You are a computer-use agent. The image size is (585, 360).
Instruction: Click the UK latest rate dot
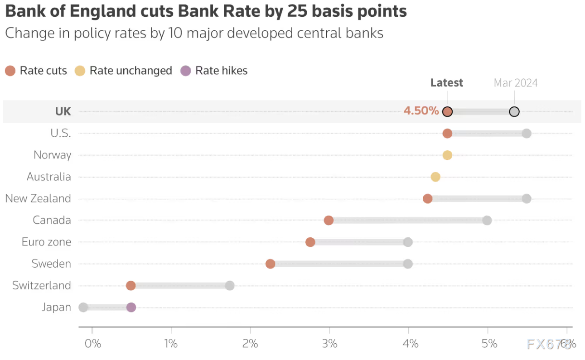447,112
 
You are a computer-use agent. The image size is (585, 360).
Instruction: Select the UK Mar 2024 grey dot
514,112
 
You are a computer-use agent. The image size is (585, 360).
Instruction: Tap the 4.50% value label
421,111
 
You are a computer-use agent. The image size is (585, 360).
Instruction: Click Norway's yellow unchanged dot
447,155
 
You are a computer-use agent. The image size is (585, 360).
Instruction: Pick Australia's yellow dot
435,177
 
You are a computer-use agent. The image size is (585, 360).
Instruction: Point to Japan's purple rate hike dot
131,307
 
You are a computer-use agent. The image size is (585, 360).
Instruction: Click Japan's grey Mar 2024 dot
83,307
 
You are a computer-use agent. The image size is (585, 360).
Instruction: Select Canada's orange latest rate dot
329,221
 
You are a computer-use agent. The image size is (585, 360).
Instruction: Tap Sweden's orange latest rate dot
270,264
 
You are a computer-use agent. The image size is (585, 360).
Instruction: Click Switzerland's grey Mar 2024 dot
230,286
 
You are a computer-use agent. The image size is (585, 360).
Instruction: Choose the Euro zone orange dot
310,242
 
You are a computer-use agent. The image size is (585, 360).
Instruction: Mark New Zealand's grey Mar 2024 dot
526,199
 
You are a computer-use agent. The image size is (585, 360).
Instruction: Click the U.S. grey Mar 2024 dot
526,134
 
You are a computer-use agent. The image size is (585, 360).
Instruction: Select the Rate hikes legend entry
214,71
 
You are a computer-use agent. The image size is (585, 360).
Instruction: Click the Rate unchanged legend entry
124,71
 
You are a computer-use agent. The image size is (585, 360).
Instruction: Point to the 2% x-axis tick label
250,344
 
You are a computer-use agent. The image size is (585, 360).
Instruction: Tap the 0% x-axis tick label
92,344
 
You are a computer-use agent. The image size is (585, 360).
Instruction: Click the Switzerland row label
42,286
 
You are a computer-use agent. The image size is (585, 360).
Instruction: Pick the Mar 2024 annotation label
516,83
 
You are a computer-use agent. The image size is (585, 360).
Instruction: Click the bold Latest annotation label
446,83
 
